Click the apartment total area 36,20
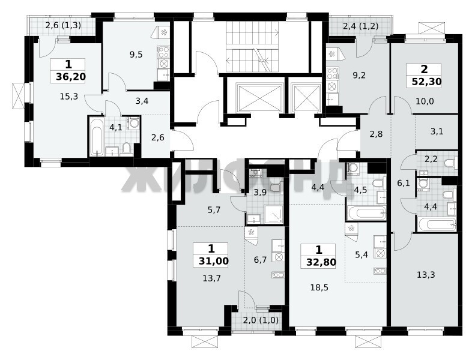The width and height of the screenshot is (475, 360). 71,77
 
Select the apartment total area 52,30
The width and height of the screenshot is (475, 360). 426,82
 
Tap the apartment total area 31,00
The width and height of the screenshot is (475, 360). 214,261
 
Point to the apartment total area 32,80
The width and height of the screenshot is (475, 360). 321,262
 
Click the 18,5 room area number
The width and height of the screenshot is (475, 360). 319,287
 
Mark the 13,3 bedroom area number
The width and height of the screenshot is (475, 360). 426,275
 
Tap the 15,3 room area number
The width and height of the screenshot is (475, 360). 69,97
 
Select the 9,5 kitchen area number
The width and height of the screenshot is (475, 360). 136,55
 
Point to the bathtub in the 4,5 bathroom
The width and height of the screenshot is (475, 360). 367,213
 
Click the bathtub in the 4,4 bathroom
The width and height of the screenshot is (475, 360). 437,224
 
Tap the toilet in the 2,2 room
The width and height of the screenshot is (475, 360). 450,163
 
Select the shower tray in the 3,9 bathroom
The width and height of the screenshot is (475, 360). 274,214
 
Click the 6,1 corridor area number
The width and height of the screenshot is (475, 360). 404,183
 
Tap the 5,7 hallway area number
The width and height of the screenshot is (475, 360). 214,210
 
